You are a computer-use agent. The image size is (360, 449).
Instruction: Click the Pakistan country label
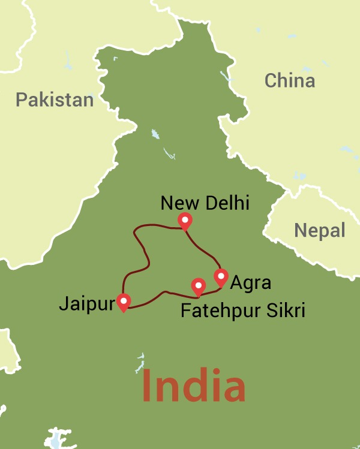[55, 99]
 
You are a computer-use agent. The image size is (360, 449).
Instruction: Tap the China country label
[290, 80]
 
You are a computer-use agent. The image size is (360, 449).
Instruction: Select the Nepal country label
[319, 230]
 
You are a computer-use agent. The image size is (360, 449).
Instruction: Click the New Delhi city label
[205, 203]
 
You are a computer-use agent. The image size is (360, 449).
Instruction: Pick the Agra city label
[251, 282]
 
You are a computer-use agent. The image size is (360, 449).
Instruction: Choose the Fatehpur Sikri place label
[243, 311]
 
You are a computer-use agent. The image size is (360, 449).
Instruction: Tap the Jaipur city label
[86, 304]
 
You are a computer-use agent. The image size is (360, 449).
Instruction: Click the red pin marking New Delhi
[185, 221]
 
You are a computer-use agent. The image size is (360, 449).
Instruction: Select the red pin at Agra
[221, 277]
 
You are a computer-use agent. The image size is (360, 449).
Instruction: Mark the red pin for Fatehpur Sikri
[198, 286]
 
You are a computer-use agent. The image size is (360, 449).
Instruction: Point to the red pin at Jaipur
[124, 301]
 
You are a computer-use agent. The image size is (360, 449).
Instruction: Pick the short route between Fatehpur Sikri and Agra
[211, 292]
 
